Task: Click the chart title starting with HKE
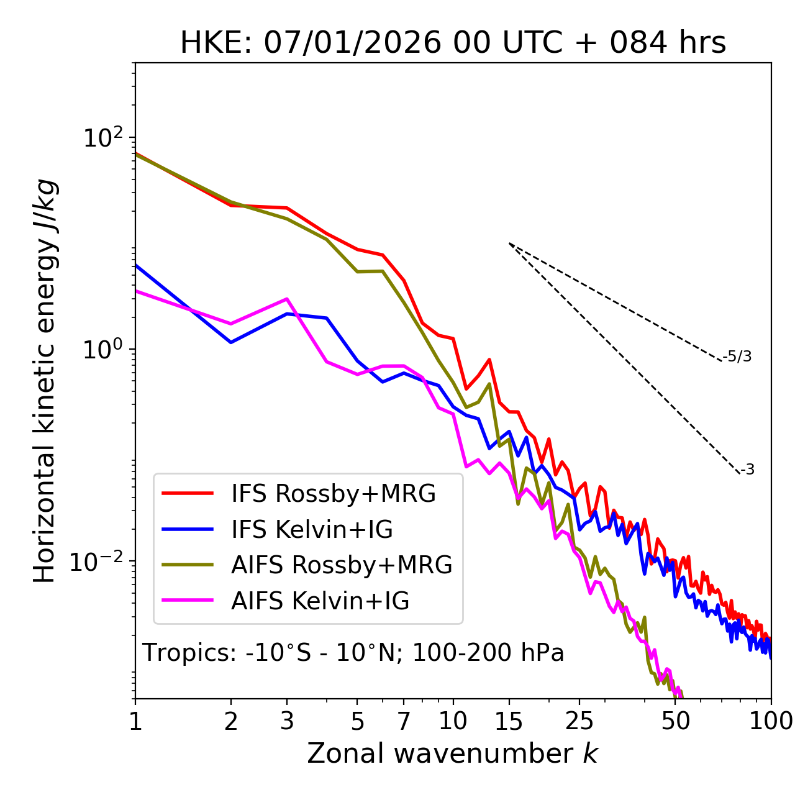tap(453, 43)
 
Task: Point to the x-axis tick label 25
tap(579, 721)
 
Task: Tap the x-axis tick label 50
tap(676, 721)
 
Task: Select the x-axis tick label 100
tap(771, 721)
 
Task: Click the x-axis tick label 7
tap(404, 721)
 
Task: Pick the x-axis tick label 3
tap(287, 721)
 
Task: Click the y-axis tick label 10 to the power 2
tap(102, 138)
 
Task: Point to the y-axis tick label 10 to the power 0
tap(102, 350)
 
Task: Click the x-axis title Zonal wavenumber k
tap(453, 753)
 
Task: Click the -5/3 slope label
tap(737, 357)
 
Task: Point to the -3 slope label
tap(747, 470)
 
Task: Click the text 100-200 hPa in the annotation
tap(488, 653)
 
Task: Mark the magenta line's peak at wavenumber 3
tap(287, 299)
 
